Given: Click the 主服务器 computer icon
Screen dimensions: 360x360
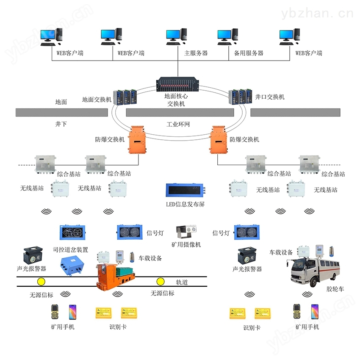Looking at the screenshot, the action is coord(176,37).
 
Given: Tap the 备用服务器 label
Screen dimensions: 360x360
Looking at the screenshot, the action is coord(249,53).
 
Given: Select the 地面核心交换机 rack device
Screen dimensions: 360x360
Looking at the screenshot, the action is coord(178,84).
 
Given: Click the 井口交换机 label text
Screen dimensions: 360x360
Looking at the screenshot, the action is coord(270,97).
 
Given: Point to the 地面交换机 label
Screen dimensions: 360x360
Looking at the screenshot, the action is coord(97,100).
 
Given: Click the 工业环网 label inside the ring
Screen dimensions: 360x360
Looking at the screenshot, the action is coord(178,125).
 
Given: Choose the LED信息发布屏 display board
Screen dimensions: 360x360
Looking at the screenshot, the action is coord(186,190).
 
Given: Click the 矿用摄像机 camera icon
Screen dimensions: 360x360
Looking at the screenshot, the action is coord(186,231).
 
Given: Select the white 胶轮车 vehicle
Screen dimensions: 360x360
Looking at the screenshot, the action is coord(315,271).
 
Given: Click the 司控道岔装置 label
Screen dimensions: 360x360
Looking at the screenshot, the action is coord(70,249).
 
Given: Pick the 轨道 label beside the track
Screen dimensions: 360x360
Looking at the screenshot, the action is coord(182,282).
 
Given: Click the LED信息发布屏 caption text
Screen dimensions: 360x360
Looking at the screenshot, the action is coord(185,204).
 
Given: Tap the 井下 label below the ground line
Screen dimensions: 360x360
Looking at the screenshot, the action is coord(61,124).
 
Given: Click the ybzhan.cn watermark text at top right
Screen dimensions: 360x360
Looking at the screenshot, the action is coord(317,14).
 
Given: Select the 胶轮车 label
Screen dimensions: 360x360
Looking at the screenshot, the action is coord(335,289).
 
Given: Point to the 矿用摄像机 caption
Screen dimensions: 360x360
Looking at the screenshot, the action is coord(186,244).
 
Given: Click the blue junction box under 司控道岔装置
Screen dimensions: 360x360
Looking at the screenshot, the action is coord(72,266).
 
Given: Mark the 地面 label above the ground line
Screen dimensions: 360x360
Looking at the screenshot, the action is coord(61,102).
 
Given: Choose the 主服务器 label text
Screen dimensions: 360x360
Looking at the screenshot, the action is coord(196,53).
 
